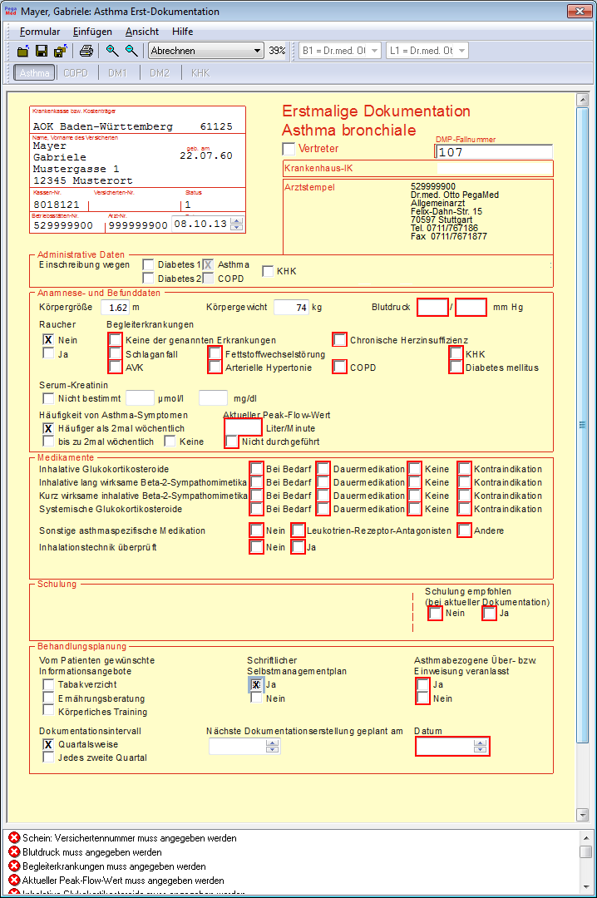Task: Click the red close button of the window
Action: (x=578, y=12)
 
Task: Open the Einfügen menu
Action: (x=92, y=32)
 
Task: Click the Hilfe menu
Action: (x=182, y=32)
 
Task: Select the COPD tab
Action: (x=76, y=73)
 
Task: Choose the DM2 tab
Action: (x=159, y=73)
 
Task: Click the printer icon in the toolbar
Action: (x=86, y=51)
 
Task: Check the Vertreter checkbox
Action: (x=289, y=148)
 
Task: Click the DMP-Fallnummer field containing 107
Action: (x=494, y=152)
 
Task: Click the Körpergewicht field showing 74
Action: (x=290, y=307)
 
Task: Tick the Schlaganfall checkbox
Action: (x=115, y=353)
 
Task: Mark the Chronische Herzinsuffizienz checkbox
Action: (x=339, y=340)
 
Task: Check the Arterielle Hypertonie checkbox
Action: (x=215, y=368)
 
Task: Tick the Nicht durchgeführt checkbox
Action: (x=232, y=442)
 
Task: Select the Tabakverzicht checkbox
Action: (x=49, y=684)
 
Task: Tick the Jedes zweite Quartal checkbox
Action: (x=49, y=757)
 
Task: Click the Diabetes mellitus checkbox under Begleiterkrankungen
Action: (x=456, y=368)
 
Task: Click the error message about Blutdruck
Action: (x=91, y=852)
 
